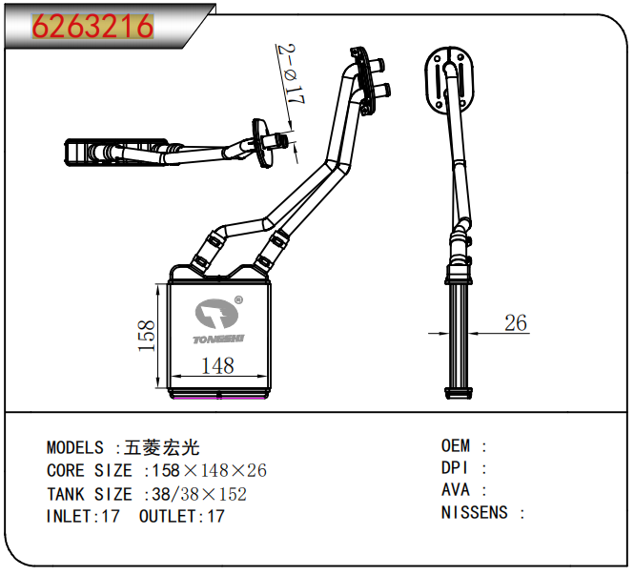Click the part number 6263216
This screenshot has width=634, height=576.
(x=92, y=27)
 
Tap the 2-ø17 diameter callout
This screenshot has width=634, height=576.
(x=286, y=74)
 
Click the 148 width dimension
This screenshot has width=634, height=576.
(x=217, y=365)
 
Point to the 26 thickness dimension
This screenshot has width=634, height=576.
(x=515, y=323)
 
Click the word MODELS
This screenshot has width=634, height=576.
(x=75, y=448)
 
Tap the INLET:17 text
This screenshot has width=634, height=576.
(x=84, y=517)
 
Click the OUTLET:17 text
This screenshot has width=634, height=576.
(x=182, y=517)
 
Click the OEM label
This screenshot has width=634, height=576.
(x=456, y=446)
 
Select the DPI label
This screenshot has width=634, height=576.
(x=455, y=468)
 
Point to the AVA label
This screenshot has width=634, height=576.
(x=455, y=490)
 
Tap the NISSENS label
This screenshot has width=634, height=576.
(x=474, y=513)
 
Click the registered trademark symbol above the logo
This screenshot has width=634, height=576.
(x=238, y=299)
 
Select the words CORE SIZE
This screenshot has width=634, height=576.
(x=90, y=471)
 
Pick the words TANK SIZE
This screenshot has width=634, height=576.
(x=90, y=494)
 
